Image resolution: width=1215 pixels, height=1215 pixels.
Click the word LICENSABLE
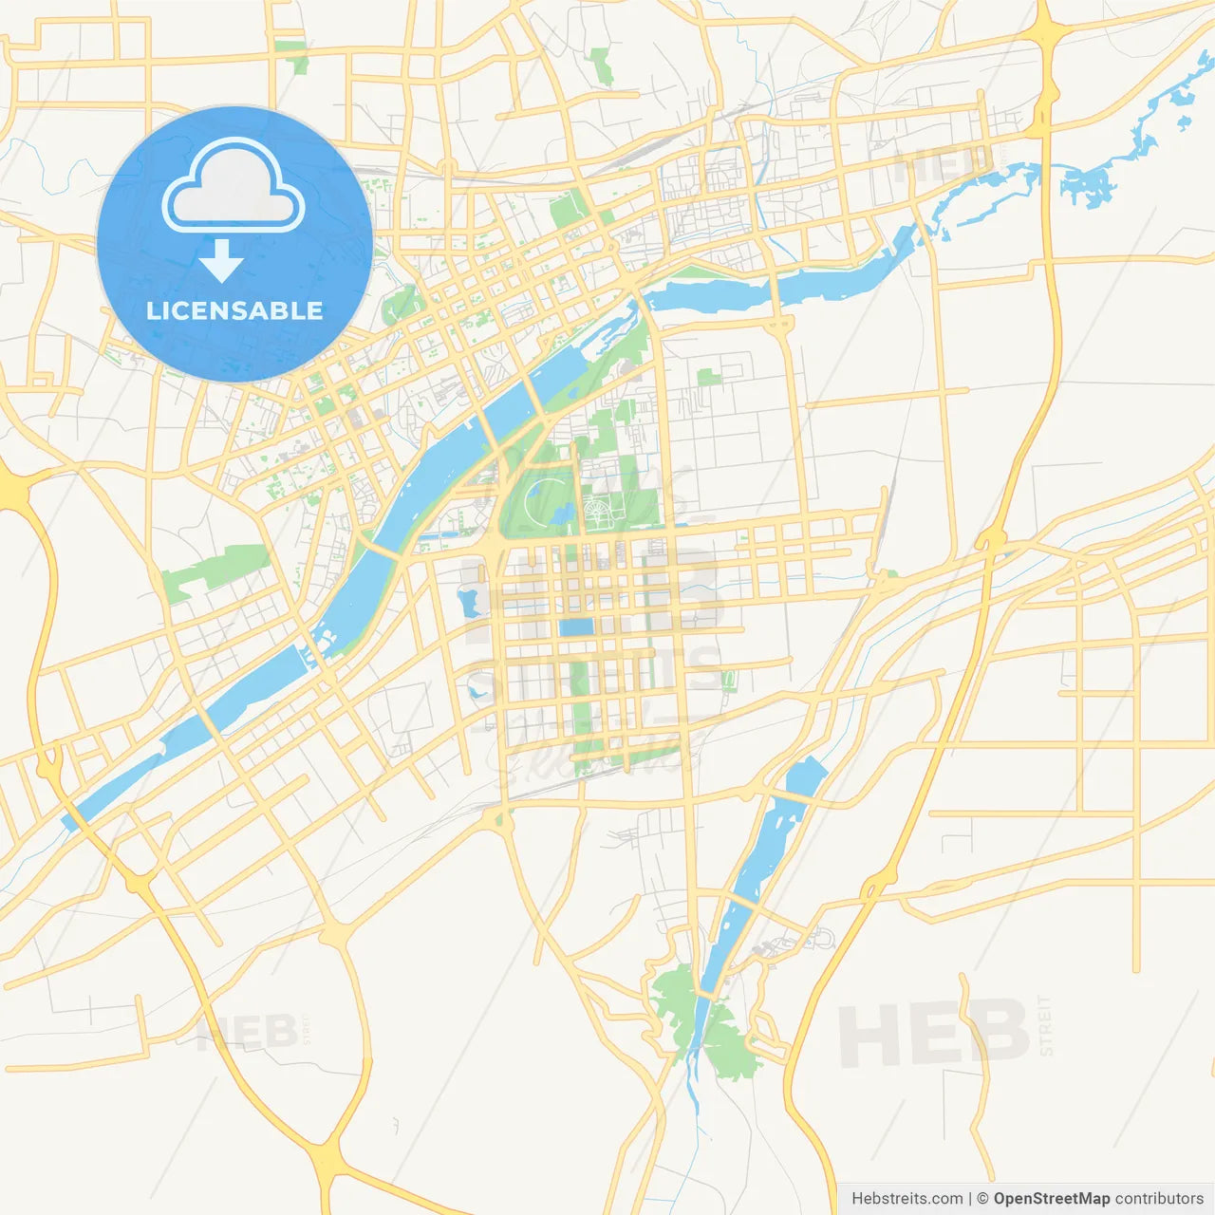tap(234, 310)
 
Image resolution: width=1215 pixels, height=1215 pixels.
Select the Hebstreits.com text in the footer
tap(907, 1199)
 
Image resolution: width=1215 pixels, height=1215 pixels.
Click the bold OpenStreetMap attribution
tap(1052, 1199)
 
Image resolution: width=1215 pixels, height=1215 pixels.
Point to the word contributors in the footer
tap(1159, 1199)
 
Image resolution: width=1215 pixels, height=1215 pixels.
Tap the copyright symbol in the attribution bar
tap(982, 1199)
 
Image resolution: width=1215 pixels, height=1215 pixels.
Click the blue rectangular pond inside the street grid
tap(575, 627)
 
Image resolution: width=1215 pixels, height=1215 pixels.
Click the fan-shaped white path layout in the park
tap(600, 515)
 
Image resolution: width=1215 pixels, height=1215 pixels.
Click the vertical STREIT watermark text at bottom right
tap(1046, 1025)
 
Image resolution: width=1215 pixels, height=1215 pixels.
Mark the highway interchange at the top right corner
tap(1045, 28)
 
